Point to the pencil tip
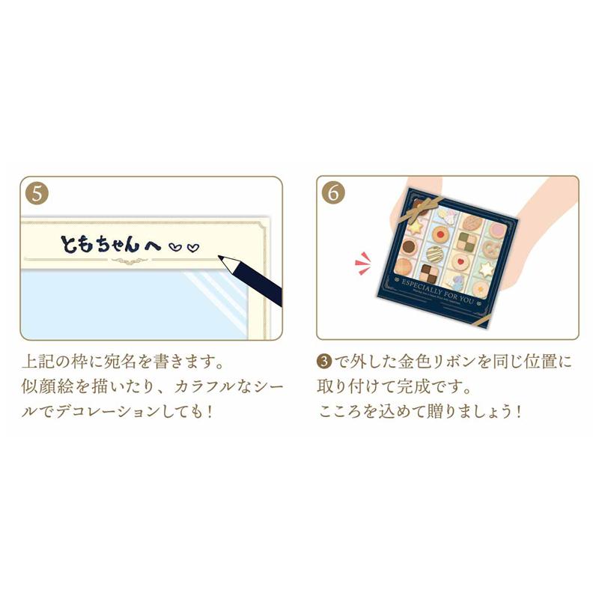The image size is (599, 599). coord(225,260)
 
